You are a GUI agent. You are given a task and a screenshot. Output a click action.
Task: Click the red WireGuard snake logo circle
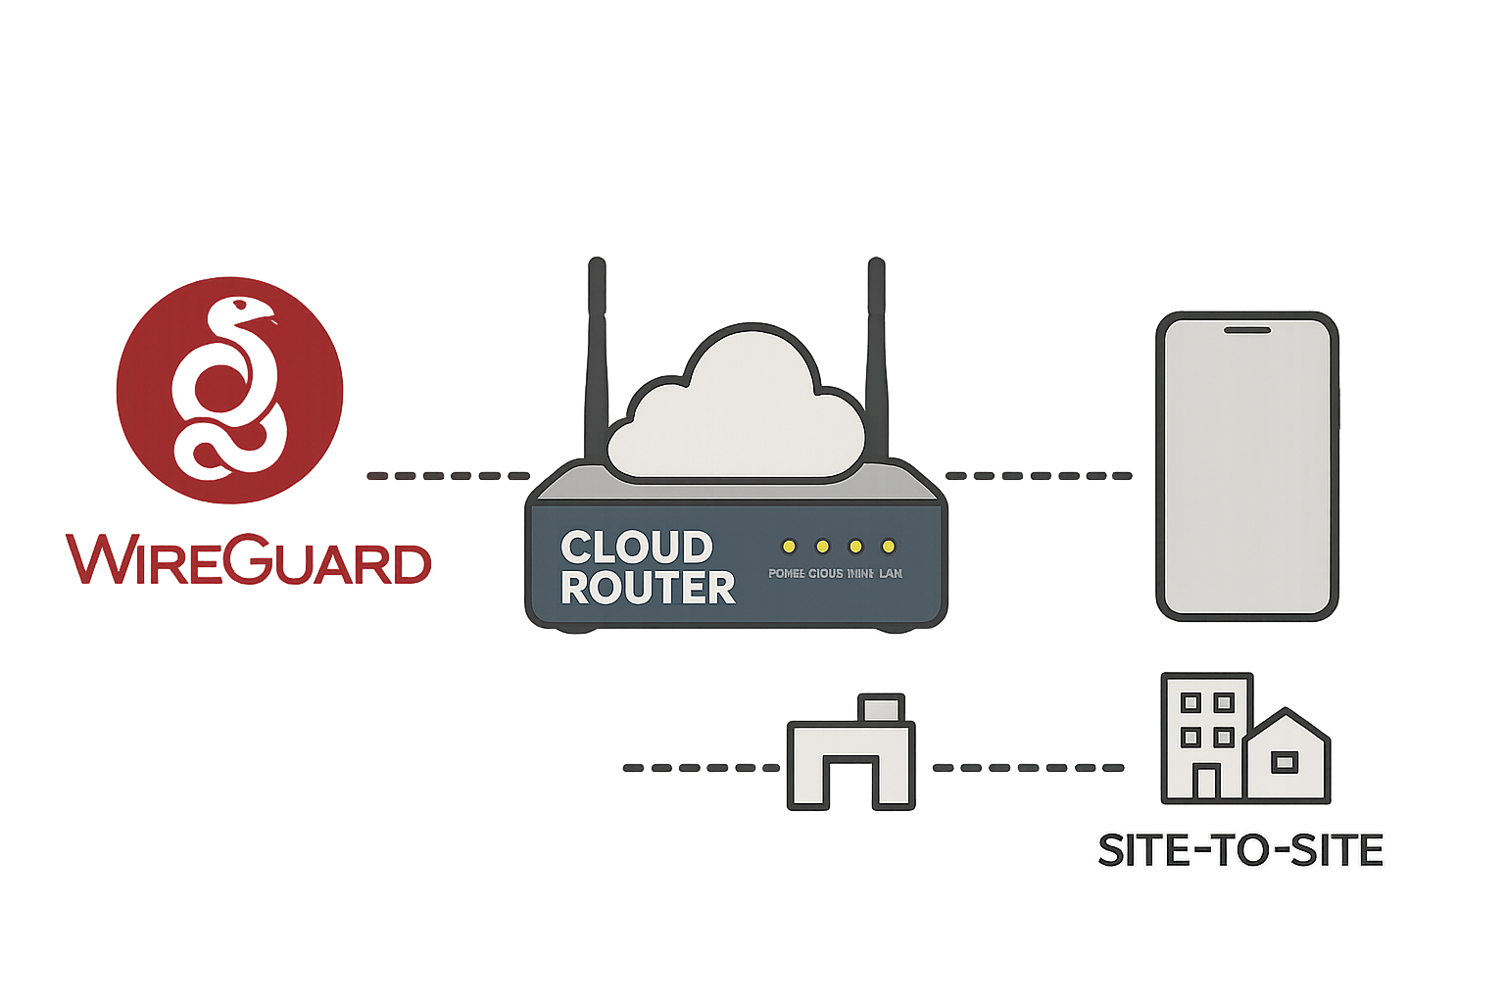pyautogui.click(x=229, y=390)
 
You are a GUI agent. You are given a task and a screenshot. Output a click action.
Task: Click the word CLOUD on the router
pyautogui.click(x=636, y=548)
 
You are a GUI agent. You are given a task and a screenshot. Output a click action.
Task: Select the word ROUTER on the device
pyautogui.click(x=648, y=588)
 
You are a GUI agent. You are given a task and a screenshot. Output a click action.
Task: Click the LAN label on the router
pyautogui.click(x=891, y=573)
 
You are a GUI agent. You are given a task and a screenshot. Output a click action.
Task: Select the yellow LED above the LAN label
pyautogui.click(x=889, y=547)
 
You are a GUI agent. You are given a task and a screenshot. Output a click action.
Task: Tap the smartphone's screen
pyautogui.click(x=1245, y=470)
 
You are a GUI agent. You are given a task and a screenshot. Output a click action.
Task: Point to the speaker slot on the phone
pyautogui.click(x=1247, y=331)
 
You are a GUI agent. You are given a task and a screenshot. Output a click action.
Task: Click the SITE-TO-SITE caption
pyautogui.click(x=1240, y=850)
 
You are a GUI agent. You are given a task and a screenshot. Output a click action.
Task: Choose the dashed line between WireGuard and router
pyautogui.click(x=448, y=476)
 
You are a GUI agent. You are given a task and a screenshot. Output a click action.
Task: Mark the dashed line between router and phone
pyautogui.click(x=1039, y=476)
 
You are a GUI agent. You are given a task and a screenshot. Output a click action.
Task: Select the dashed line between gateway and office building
pyautogui.click(x=1028, y=768)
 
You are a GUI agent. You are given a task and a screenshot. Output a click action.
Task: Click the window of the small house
pyautogui.click(x=1284, y=762)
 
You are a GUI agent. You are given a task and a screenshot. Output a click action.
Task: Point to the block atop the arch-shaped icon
pyautogui.click(x=881, y=708)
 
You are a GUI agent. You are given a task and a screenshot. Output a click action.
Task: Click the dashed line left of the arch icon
pyautogui.click(x=702, y=768)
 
